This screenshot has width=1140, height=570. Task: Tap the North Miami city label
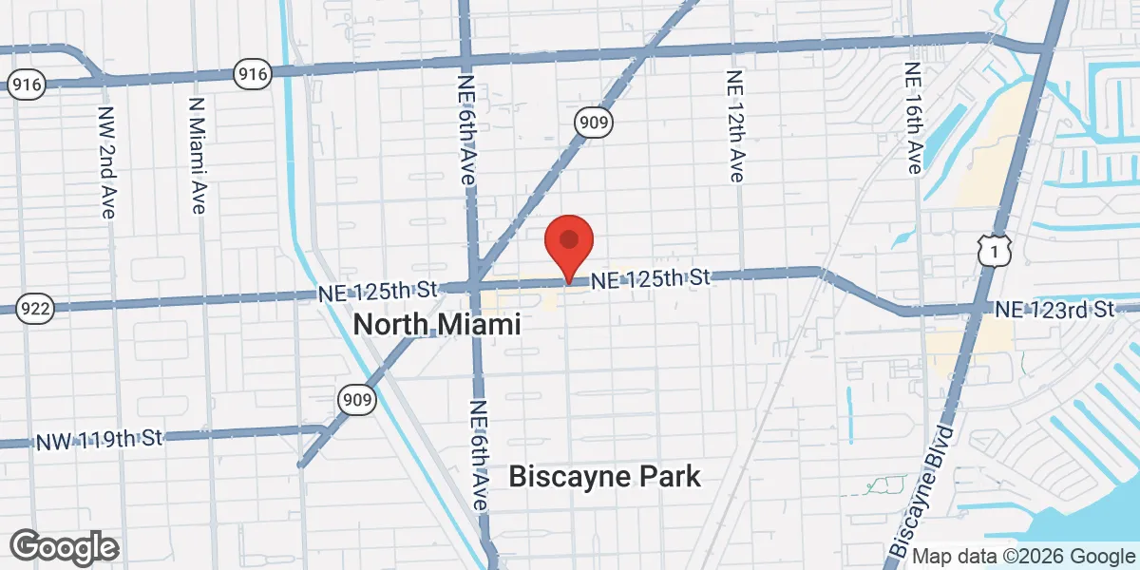coord(437,325)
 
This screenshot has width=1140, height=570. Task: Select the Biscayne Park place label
coord(605,476)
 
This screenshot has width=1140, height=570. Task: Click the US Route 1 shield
coord(993,251)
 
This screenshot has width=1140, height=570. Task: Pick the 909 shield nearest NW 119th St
coord(358,400)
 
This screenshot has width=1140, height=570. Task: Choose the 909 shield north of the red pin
coord(592,122)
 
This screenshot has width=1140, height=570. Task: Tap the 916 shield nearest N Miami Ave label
coord(254,73)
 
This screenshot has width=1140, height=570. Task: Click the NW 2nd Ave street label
coord(105,161)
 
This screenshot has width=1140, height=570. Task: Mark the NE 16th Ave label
coord(914,119)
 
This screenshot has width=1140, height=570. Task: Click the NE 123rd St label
coord(1054,310)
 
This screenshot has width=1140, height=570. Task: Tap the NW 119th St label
coord(100,440)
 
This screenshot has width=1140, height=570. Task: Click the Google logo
coord(64,547)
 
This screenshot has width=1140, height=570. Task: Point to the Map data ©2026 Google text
coord(1023,556)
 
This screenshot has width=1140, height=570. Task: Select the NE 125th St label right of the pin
coord(651,278)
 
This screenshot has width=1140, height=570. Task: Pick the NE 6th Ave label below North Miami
coord(480,453)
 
